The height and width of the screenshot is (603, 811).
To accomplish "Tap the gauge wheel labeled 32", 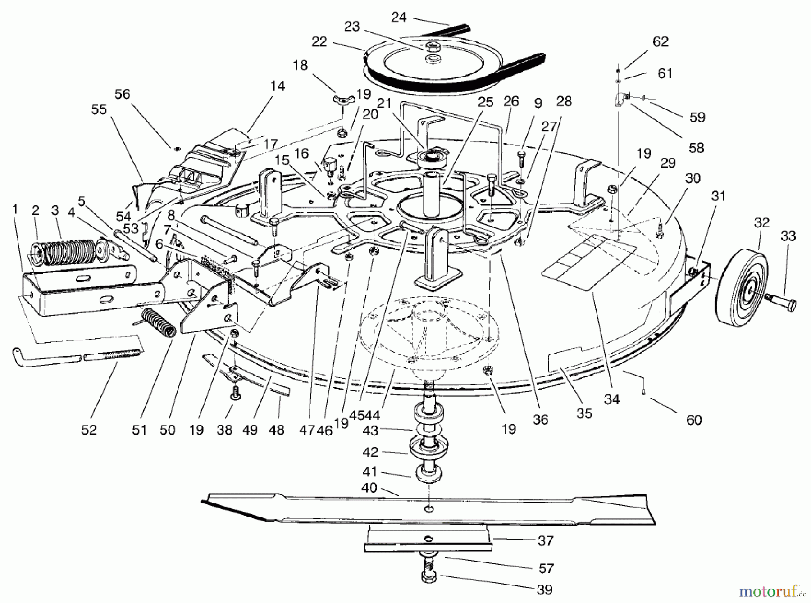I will pos(740,288).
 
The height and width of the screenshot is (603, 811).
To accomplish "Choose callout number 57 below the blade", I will pos(546,569).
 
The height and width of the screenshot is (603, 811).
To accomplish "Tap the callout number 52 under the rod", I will pos(89,430).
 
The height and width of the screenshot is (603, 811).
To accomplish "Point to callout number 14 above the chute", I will pos(278,86).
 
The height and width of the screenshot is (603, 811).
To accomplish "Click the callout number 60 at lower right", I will pos(694,420).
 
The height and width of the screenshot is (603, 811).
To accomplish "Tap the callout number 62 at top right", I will pos(661,41).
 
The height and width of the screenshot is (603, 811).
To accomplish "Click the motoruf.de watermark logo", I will pos(769,589).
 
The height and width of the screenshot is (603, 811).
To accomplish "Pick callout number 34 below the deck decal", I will pos(612,399).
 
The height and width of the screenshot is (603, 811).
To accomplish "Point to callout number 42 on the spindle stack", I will pos(370,452).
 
